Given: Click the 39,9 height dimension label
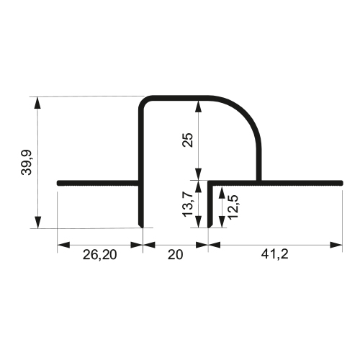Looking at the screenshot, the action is click(x=26, y=163).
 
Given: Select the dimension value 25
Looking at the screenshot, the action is click(x=188, y=140).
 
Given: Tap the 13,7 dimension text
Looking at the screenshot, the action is click(x=188, y=204).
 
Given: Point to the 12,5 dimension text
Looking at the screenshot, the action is click(x=233, y=207).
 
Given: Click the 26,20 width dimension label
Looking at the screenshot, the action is click(x=100, y=255).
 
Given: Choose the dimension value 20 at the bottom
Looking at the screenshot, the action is click(x=175, y=255).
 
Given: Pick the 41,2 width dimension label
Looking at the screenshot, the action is click(x=274, y=254).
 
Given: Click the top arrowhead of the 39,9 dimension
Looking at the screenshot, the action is click(x=37, y=103).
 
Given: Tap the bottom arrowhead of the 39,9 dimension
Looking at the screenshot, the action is click(x=37, y=222).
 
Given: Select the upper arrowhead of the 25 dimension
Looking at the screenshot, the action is click(x=198, y=107).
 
